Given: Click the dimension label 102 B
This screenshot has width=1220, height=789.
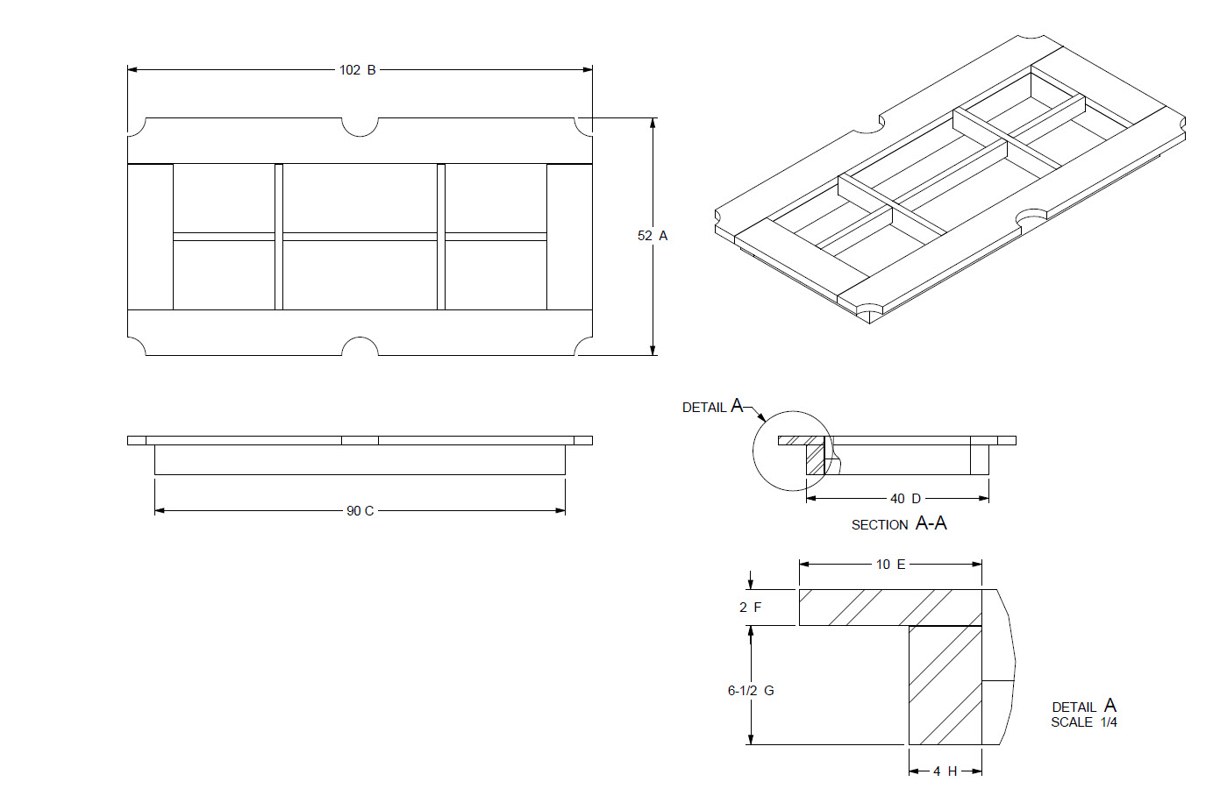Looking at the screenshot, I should click(x=358, y=70).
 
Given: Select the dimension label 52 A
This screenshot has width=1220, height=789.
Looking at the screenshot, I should click(x=653, y=236).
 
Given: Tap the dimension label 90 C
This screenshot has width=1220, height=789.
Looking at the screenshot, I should click(x=360, y=511).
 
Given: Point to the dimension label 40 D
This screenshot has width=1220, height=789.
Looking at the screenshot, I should click(x=905, y=499).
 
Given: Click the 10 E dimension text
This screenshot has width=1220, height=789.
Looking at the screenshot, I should click(x=890, y=565).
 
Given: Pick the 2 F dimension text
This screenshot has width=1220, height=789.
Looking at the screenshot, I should click(x=750, y=608).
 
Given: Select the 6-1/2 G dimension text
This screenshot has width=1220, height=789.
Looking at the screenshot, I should click(x=751, y=691).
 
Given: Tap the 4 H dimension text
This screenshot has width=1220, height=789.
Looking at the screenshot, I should click(x=945, y=771).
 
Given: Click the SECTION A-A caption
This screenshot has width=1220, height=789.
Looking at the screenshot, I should click(x=899, y=524).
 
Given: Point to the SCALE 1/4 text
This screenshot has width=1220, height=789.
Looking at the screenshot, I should click(x=1084, y=722).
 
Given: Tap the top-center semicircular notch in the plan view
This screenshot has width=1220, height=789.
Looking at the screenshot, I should click(x=360, y=126).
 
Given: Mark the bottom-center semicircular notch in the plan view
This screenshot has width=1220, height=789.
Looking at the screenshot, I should click(x=360, y=347).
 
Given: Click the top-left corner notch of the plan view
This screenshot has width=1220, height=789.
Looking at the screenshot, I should click(x=136, y=127).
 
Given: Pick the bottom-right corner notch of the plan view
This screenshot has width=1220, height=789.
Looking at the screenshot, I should click(x=584, y=347).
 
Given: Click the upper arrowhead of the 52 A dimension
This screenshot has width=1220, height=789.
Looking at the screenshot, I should click(x=653, y=124).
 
